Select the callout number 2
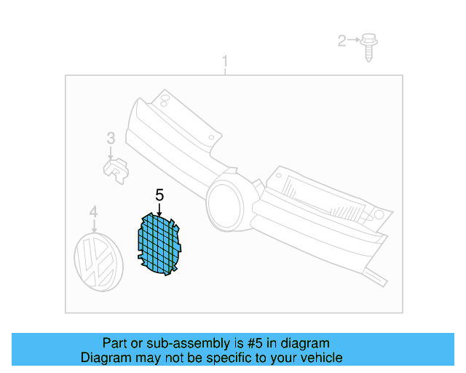click(341, 41)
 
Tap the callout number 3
click(111, 137)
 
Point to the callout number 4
click(93, 212)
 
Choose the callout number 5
click(159, 195)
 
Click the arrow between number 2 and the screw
click(354, 41)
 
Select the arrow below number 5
click(159, 208)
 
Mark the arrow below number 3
click(111, 152)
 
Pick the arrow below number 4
click(93, 227)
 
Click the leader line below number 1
click(225, 71)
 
